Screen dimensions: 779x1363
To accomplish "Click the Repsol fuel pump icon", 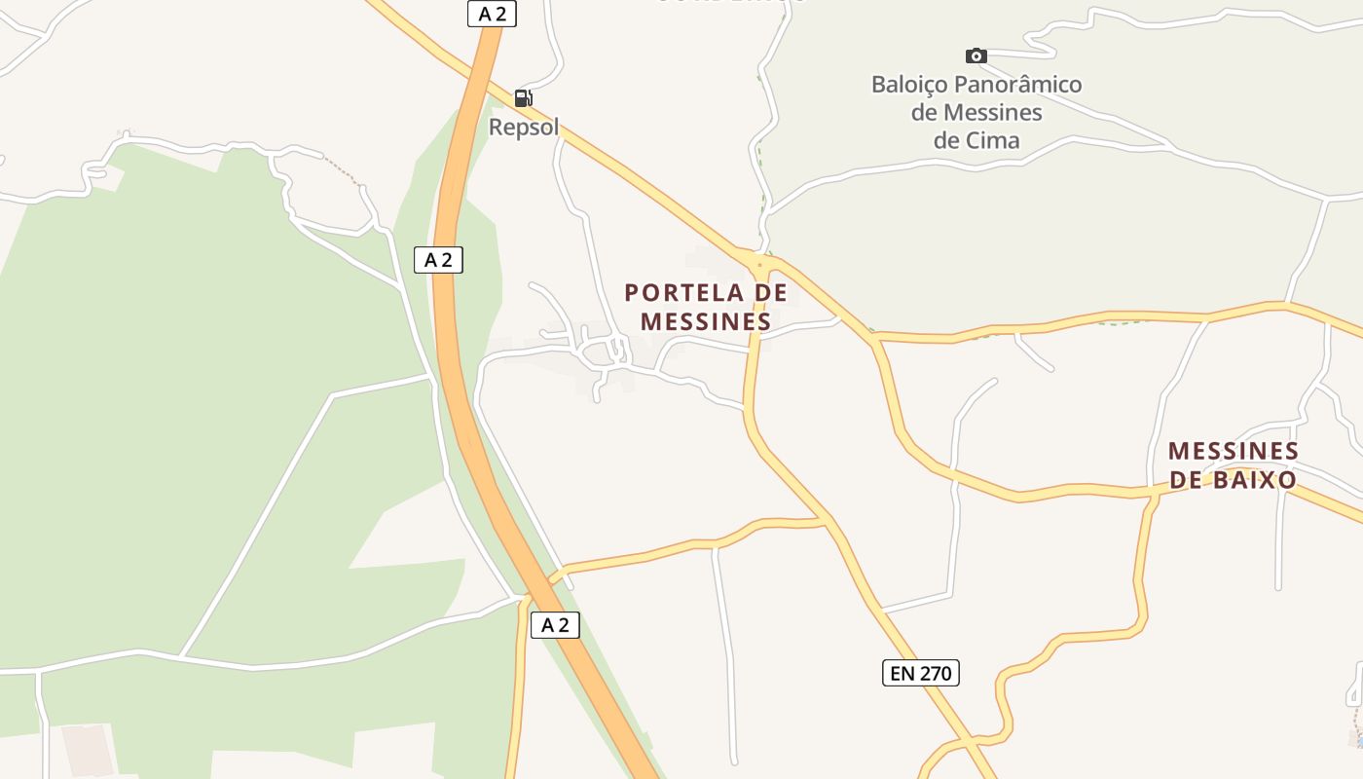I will [x=523, y=97].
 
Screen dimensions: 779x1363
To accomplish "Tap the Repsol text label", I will [x=524, y=128].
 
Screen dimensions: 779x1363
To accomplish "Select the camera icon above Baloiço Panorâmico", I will [x=976, y=56].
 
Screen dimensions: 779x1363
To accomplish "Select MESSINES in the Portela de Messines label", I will [x=706, y=321].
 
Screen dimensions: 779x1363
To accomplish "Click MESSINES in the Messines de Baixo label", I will [x=1234, y=451].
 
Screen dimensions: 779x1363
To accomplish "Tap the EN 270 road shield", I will [x=920, y=672].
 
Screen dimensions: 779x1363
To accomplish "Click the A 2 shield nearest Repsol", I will [x=492, y=14].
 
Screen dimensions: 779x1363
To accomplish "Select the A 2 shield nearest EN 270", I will [x=555, y=625].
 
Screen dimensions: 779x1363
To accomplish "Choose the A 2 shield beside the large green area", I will [x=438, y=260].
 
